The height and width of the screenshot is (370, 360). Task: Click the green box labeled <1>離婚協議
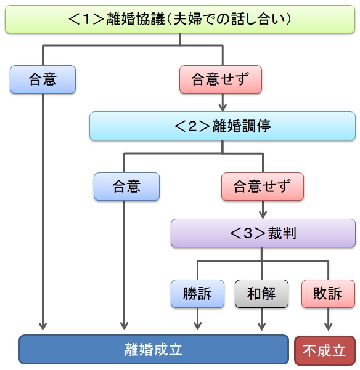click(179, 19)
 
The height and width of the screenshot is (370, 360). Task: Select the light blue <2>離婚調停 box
click(222, 126)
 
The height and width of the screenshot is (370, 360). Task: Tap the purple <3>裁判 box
click(263, 233)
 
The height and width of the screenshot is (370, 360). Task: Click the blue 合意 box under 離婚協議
click(43, 79)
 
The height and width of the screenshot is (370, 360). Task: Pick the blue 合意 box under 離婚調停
click(126, 187)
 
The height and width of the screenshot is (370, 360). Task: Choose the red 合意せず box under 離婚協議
click(221, 79)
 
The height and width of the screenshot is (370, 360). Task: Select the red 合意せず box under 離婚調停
click(263, 187)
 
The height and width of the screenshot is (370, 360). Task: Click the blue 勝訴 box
click(197, 294)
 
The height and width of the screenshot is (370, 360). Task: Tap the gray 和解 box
click(261, 294)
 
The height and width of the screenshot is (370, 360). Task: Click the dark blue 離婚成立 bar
click(153, 350)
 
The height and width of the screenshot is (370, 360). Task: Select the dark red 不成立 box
click(325, 350)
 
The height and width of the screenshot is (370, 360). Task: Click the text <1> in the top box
click(89, 19)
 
